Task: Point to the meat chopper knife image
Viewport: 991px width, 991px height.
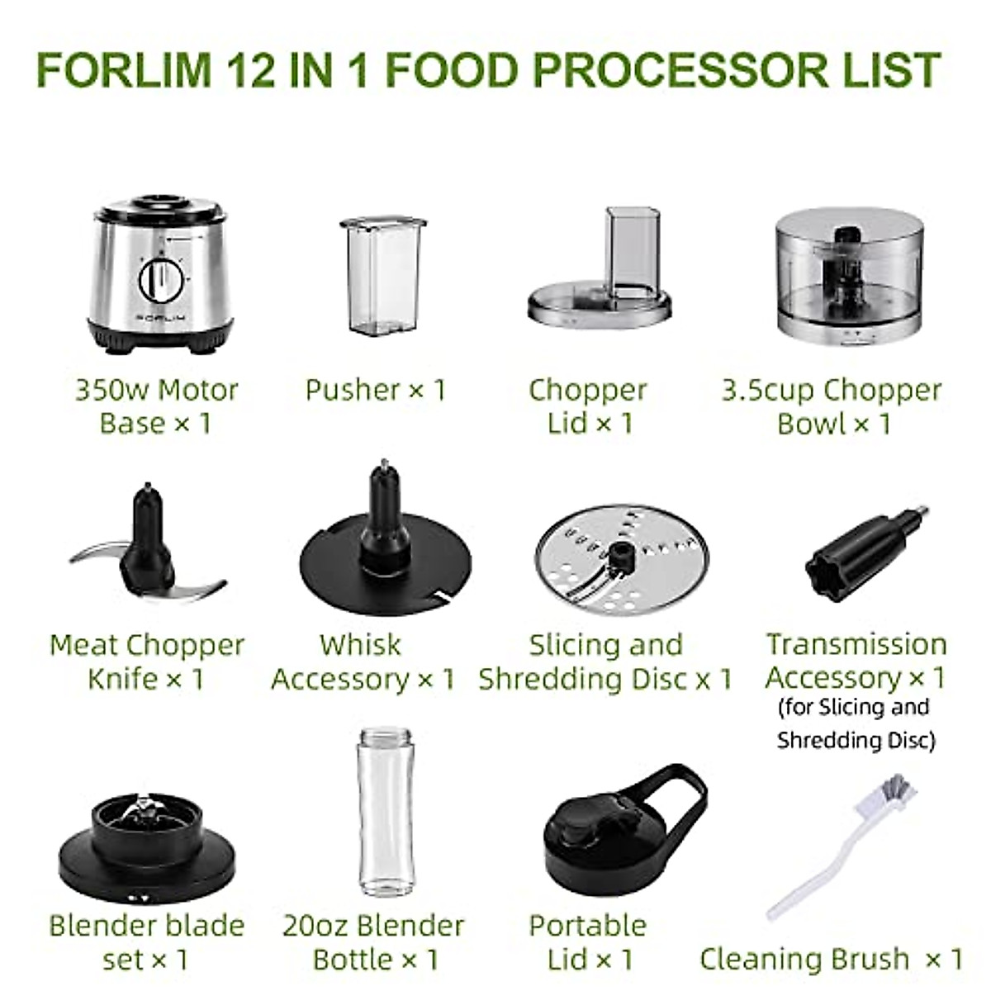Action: (x=149, y=544)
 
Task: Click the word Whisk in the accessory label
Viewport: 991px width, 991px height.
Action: (x=360, y=644)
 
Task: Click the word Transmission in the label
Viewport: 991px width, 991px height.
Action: (x=856, y=644)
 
